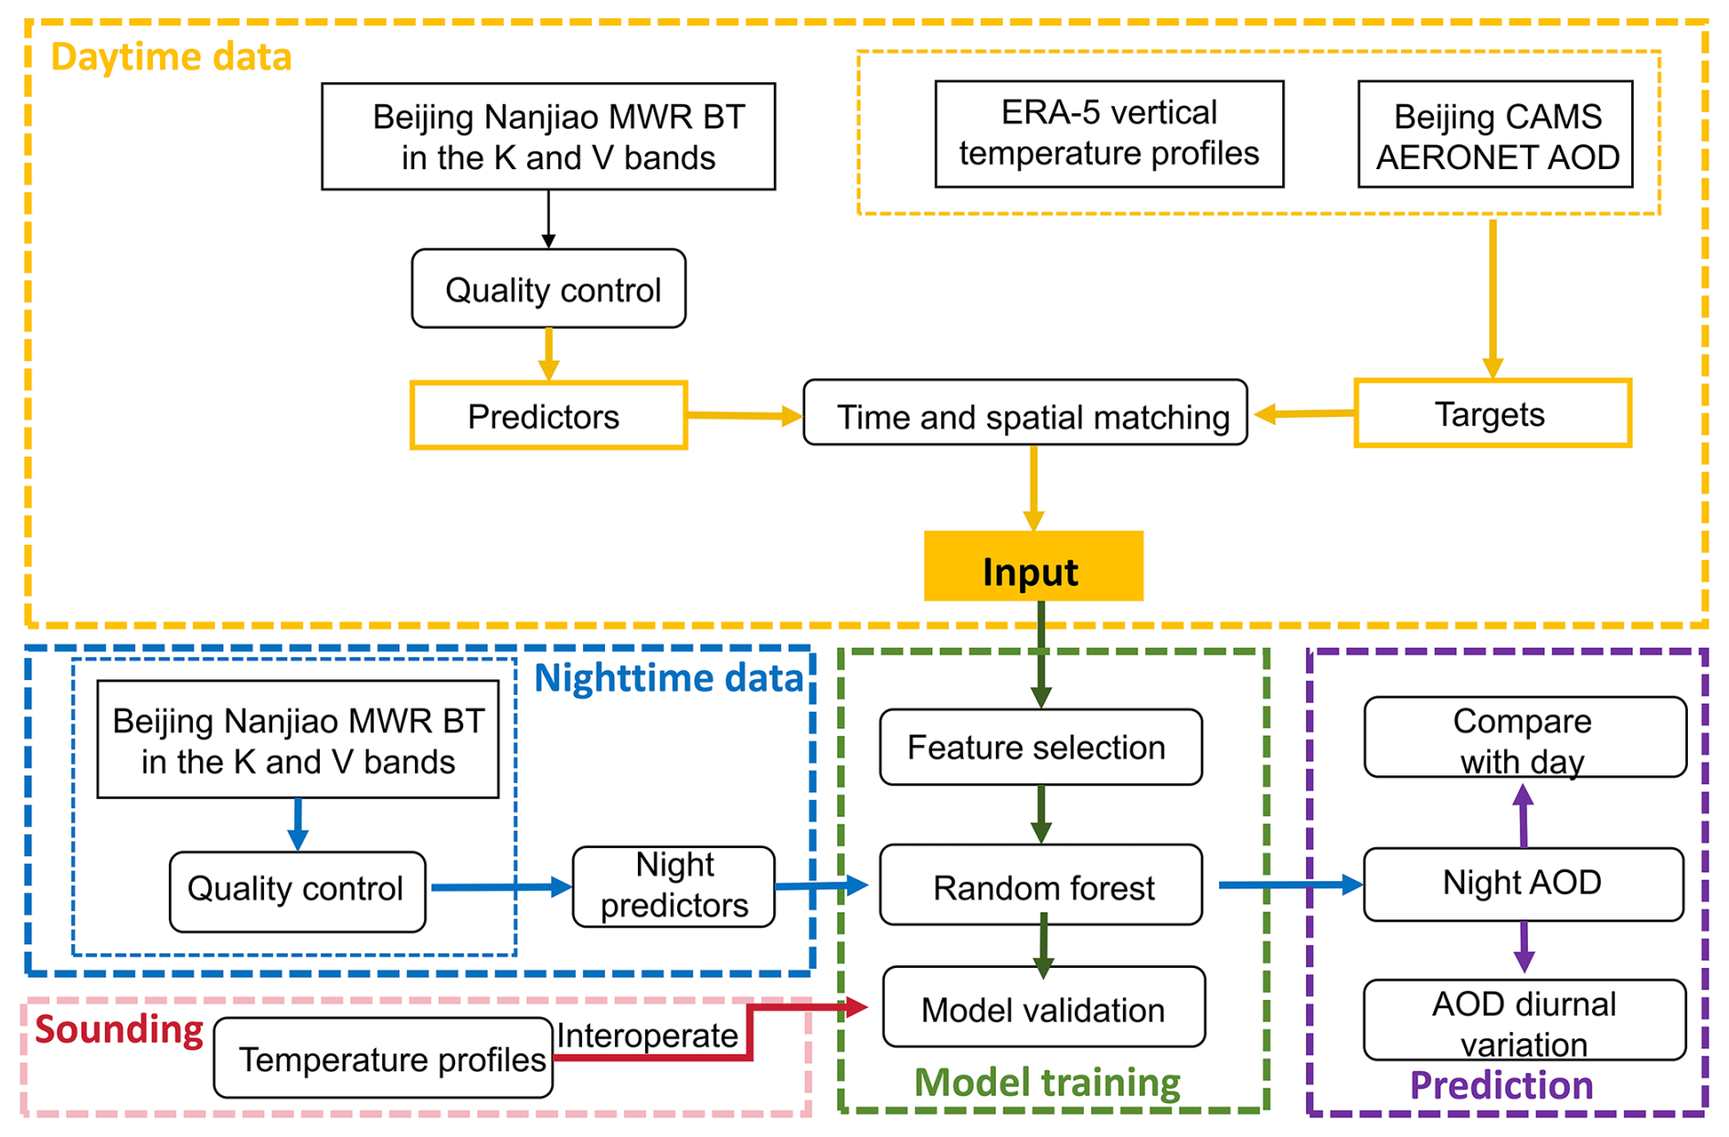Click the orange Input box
click(1033, 567)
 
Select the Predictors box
click(548, 416)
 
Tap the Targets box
click(1492, 414)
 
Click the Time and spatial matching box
click(1025, 414)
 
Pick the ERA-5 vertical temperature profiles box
click(1108, 133)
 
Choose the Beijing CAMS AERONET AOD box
click(1495, 134)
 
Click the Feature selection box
click(1040, 747)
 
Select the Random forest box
click(1040, 885)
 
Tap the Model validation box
click(1043, 1007)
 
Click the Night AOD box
click(1522, 884)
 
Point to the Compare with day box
click(1524, 738)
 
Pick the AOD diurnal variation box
click(1524, 1021)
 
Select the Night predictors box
click(674, 887)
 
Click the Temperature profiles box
click(384, 1058)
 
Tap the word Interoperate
click(647, 1036)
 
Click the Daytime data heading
click(171, 57)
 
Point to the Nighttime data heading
click(668, 678)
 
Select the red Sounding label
click(119, 1030)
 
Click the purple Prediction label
click(1501, 1085)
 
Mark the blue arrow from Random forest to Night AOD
click(1289, 885)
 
